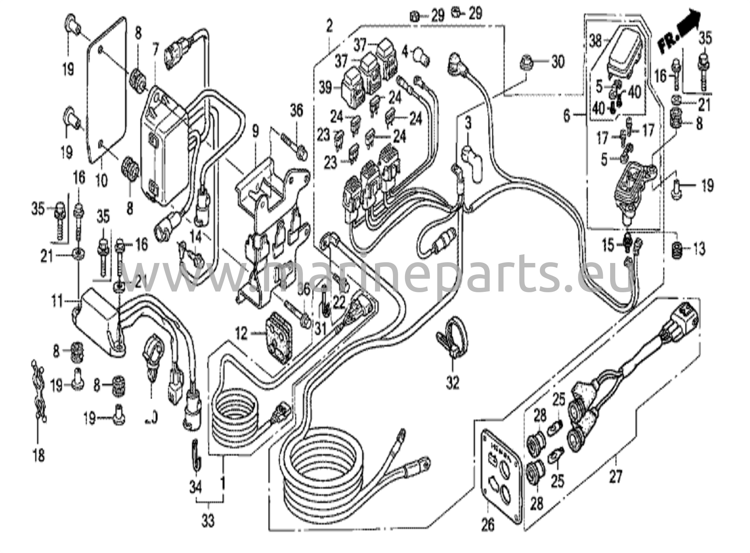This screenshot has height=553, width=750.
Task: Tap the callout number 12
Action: click(241, 334)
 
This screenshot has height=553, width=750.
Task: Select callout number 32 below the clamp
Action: click(453, 383)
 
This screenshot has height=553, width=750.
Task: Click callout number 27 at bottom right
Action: click(615, 477)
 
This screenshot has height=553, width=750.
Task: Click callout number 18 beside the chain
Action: click(38, 456)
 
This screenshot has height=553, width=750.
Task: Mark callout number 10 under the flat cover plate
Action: click(102, 180)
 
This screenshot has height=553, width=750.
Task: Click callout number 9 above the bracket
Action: click(255, 131)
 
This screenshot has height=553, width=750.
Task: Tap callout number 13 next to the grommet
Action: click(699, 250)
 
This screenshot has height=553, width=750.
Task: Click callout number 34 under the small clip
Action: click(196, 487)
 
